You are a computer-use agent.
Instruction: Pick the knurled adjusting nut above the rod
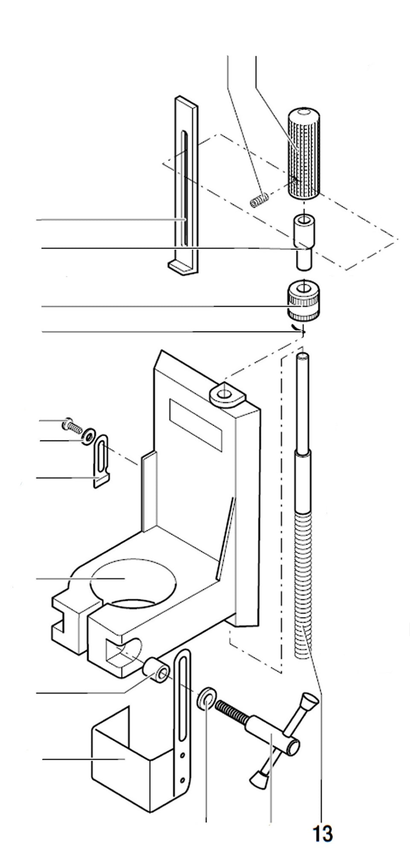coord(303,301)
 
